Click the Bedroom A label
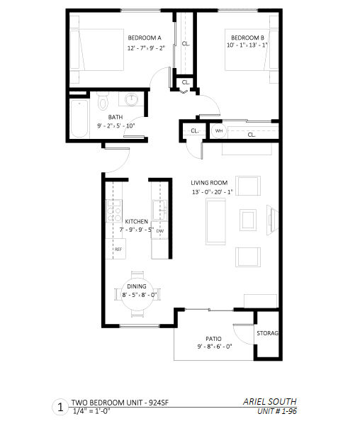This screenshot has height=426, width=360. coord(145,38)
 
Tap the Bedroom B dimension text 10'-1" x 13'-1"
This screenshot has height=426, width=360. coord(247,45)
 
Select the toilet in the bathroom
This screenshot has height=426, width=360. coord(103,101)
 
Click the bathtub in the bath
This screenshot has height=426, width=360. coord(79,118)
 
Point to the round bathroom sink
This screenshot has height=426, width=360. coord(132,99)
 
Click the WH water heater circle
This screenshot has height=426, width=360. coord(219,130)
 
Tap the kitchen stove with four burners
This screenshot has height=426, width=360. coord(114,211)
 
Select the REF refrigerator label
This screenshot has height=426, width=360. coord(118,249)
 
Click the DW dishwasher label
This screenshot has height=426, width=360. coord(160,231)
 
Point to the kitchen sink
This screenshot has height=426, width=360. coord(159,211)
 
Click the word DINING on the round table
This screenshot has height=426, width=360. coord(136,286)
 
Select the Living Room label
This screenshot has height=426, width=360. coord(209,183)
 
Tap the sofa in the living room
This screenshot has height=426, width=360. coord(215,221)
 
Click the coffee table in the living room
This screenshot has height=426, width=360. coord(248,220)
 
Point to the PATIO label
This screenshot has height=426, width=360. coord(213,339)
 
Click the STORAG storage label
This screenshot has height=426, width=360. coord(268,333)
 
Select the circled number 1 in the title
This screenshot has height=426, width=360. coord(60,408)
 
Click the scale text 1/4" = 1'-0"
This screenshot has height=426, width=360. coord(91,411)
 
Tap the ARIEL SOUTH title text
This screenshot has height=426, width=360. coord(269,402)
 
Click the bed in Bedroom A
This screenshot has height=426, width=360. coord(96,50)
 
